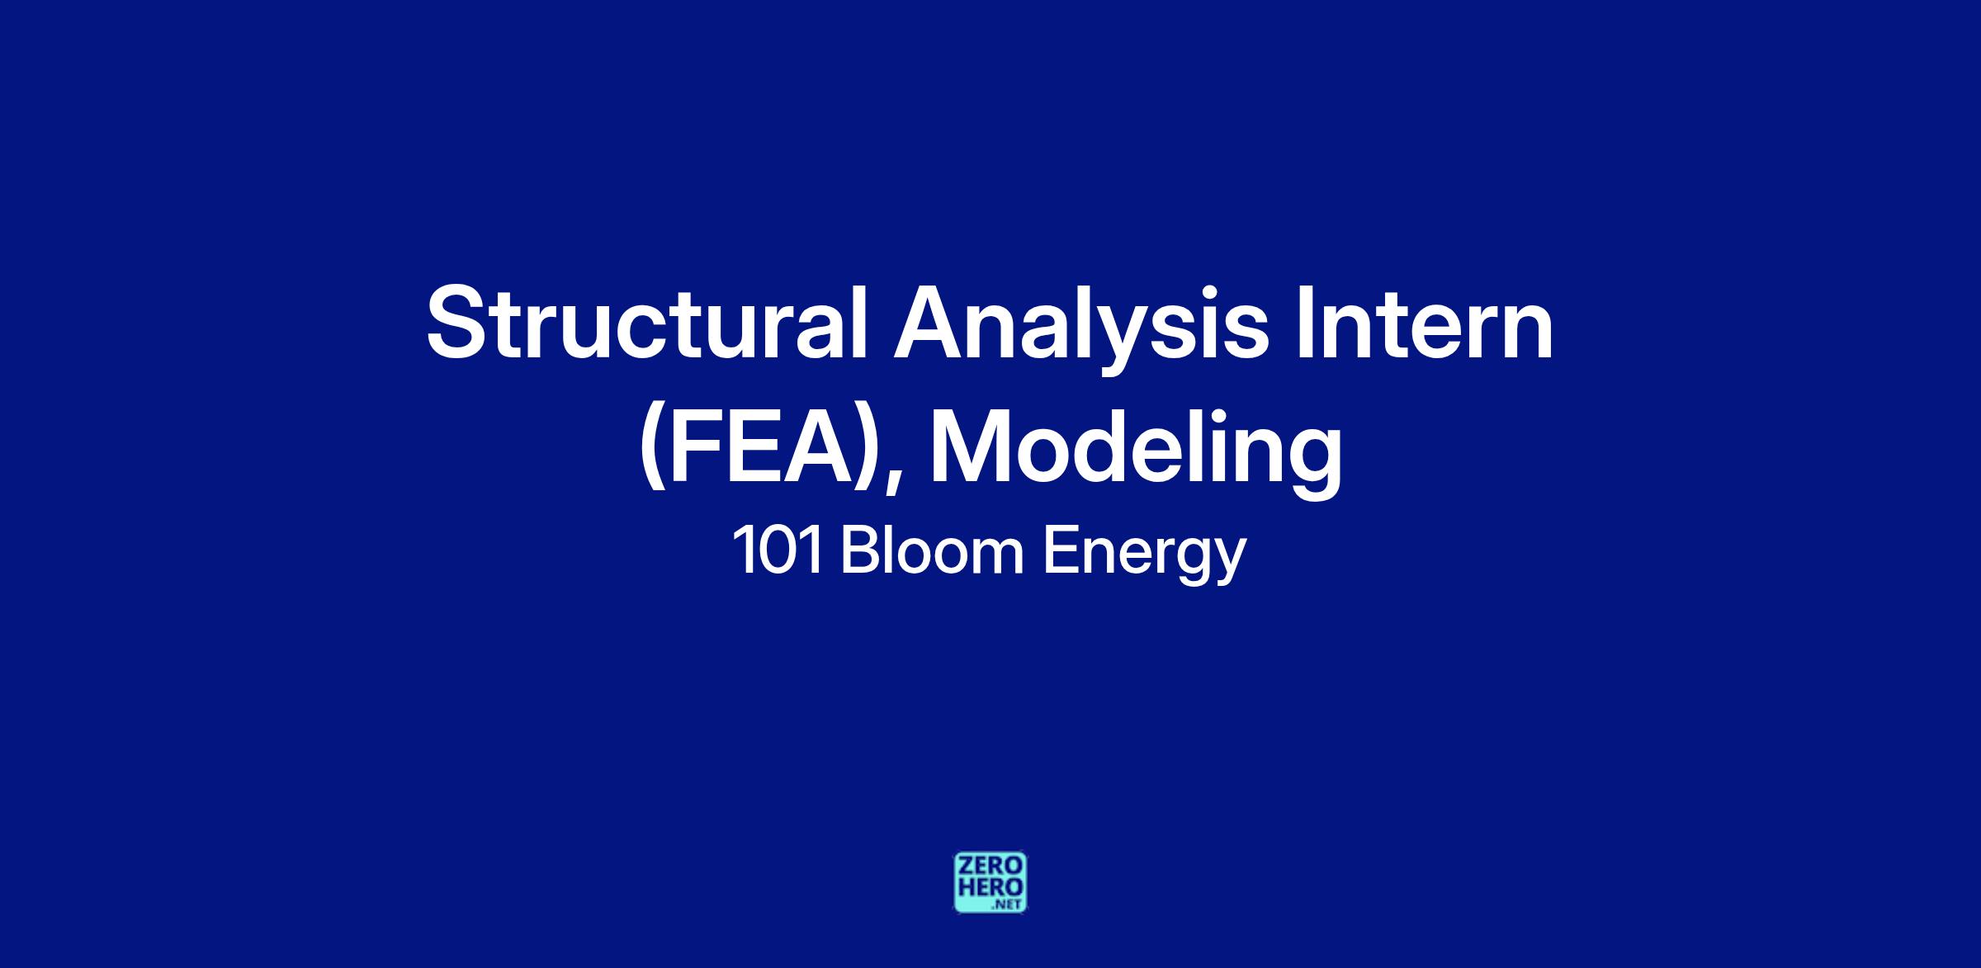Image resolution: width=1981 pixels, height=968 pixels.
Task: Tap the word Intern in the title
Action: coord(1424,323)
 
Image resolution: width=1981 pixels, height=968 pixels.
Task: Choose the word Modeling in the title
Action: coord(1136,451)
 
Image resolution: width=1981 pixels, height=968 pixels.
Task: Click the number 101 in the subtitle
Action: coord(778,552)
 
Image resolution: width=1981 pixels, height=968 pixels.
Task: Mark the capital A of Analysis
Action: coord(931,323)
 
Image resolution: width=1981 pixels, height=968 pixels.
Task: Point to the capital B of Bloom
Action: coord(860,551)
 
